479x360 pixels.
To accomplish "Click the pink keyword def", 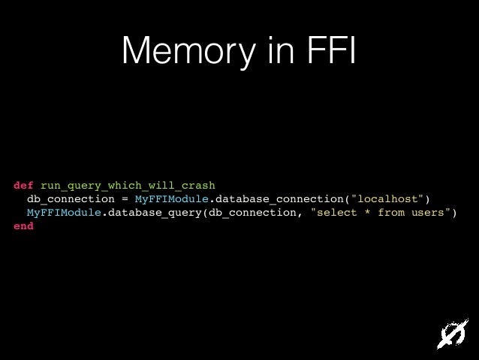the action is tap(23, 185).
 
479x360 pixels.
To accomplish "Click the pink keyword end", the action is tap(23, 225).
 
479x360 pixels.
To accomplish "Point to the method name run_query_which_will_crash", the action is tap(128, 185).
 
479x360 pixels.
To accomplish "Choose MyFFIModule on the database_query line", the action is tap(64, 212).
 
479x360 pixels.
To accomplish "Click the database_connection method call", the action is tap(279, 198).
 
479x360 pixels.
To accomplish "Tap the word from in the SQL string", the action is tap(390, 212).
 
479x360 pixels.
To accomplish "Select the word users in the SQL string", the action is tap(427, 212).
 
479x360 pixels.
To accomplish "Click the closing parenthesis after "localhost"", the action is tap(427, 198).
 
